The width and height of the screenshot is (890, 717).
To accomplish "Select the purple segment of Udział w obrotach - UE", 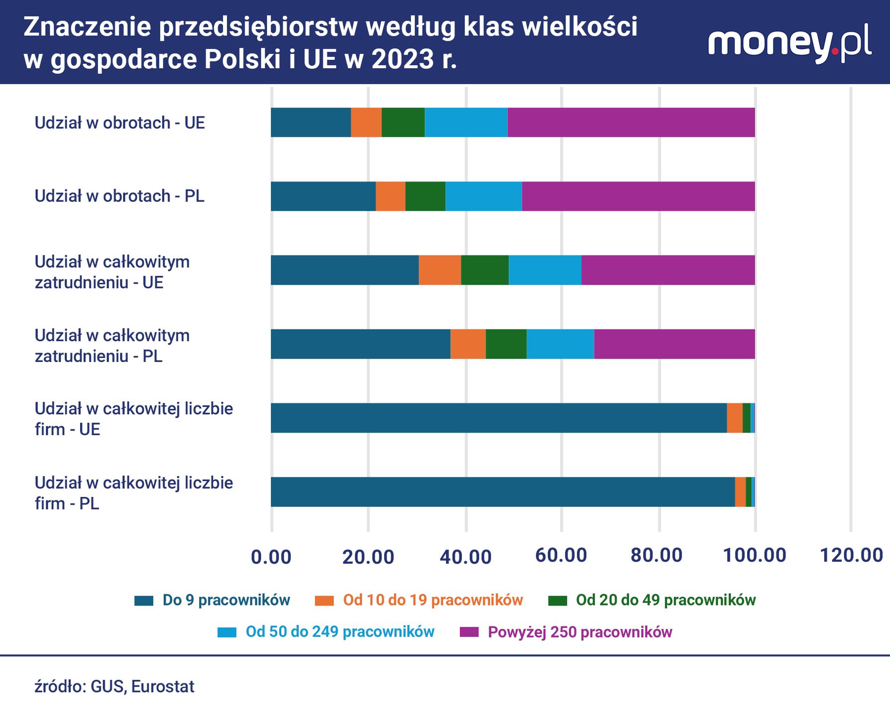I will coord(631,122).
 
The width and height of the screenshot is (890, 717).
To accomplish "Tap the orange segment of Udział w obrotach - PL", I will coord(390,196).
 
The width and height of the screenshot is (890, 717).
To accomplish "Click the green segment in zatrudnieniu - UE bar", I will coord(485,270).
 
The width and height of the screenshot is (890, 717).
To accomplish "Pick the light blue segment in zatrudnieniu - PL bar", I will coord(560,344).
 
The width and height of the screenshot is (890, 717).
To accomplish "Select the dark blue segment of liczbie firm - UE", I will coord(498,418).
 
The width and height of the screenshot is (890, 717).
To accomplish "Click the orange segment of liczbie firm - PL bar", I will coord(740,492).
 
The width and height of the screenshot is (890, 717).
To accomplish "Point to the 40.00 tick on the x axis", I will coord(465,556).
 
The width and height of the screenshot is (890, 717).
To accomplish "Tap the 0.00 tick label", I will coord(271,556).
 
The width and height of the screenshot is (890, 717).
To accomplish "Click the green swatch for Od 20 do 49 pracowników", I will coord(557,600).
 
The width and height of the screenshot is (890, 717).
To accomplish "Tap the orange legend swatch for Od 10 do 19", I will coord(324,600).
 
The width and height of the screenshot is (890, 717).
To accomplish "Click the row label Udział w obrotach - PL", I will coord(119,196).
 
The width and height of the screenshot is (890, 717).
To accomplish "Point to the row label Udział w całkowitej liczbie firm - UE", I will coord(133,419).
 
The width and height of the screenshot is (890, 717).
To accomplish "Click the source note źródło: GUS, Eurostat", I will coord(114,686).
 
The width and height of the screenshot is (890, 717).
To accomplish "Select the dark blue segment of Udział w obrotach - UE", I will coord(311,122).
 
